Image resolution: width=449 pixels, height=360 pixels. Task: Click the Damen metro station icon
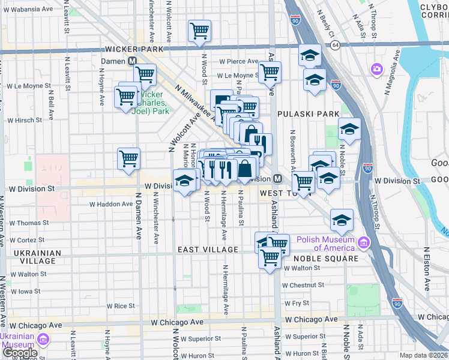click(x=131, y=61)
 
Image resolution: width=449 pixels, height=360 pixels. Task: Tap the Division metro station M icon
click(x=278, y=178)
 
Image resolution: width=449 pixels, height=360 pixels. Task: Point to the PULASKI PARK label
click(x=309, y=113)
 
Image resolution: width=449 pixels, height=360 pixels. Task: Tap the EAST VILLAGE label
click(x=208, y=249)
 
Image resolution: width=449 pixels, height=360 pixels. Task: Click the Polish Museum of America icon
click(x=363, y=243)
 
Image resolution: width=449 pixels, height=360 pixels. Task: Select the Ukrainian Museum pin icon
click(x=43, y=340)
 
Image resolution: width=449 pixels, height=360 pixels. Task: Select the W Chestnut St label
click(x=303, y=285)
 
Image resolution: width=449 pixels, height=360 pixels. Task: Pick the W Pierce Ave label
click(x=238, y=61)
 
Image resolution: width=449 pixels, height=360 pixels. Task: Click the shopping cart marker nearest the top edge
click(x=199, y=30)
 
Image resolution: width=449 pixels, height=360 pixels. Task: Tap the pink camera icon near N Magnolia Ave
click(x=377, y=68)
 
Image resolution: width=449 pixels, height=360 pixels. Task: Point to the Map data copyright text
click(x=424, y=355)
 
